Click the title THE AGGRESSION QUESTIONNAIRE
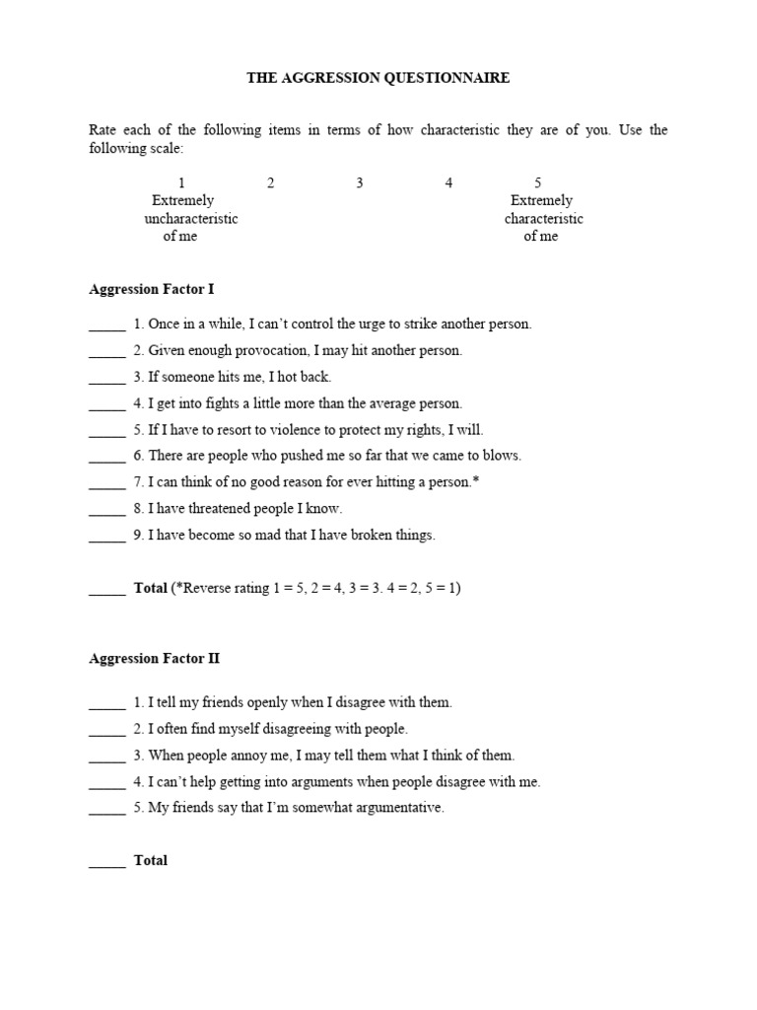(x=378, y=77)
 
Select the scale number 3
(x=360, y=182)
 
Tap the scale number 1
(x=181, y=182)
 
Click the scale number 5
(x=538, y=182)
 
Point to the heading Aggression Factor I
(x=152, y=289)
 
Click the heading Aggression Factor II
(x=154, y=658)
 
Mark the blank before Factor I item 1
(x=106, y=325)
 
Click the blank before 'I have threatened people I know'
(x=106, y=509)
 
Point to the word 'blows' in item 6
(x=501, y=456)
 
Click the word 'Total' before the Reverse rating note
(x=151, y=588)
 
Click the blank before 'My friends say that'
(x=106, y=808)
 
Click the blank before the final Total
(x=106, y=861)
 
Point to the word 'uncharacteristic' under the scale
(x=190, y=218)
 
